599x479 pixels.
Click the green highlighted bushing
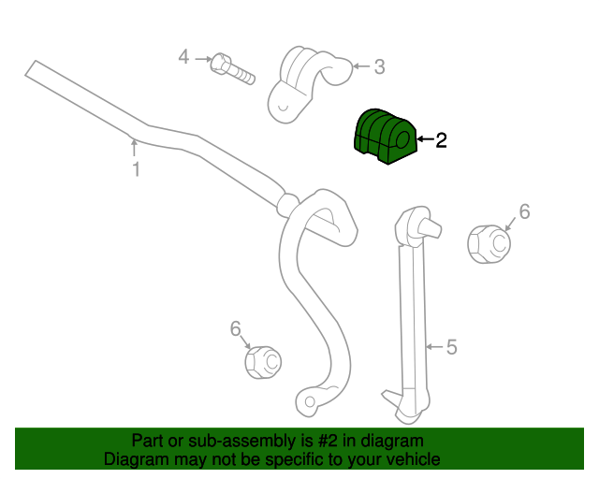coord(384,137)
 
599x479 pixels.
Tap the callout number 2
coord(441,140)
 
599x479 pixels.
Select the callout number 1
coord(136,169)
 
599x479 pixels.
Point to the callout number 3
coord(378,66)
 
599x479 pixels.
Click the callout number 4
coord(183,57)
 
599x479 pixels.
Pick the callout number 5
coord(451,347)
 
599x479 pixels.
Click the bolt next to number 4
coord(232,69)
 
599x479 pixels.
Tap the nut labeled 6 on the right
coord(489,244)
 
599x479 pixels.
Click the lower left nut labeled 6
coord(263,362)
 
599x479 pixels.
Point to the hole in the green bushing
coord(402,139)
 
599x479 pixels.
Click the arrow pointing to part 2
coord(425,139)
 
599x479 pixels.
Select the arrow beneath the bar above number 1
coord(134,148)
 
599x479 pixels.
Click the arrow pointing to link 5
coord(434,347)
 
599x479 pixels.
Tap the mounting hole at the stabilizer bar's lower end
coord(310,402)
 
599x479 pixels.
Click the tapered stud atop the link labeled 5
coord(430,227)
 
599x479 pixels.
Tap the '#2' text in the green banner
coord(328,441)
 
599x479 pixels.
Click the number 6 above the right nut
coord(524,211)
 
